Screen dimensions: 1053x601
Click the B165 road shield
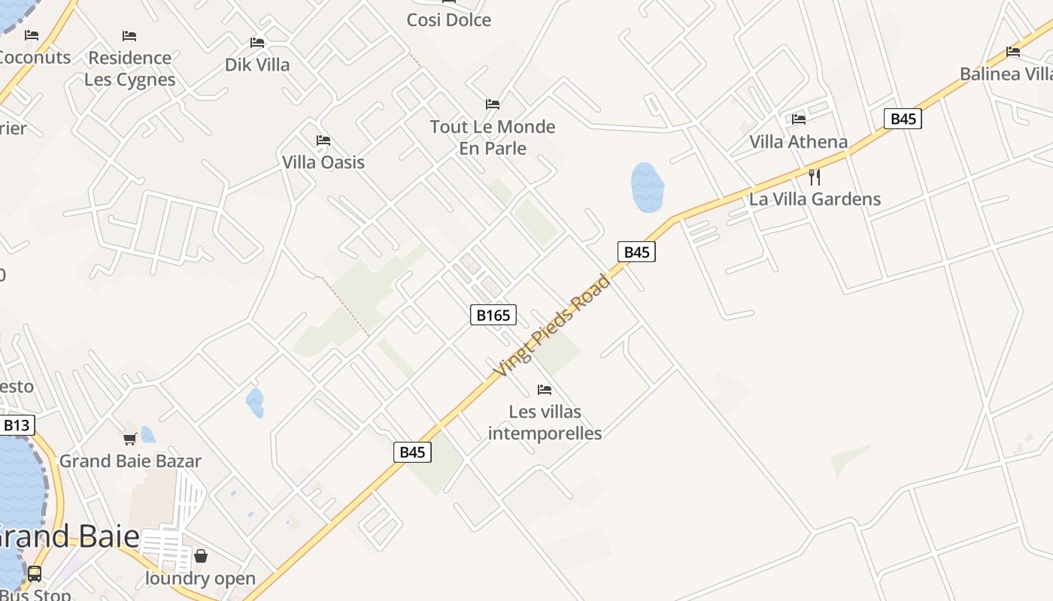(x=493, y=315)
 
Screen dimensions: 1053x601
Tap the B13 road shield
(x=17, y=426)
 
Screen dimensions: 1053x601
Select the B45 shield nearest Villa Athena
(x=903, y=119)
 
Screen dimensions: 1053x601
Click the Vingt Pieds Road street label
(x=552, y=327)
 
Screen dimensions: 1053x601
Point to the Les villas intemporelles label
(x=545, y=422)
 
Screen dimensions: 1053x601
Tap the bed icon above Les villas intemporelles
(x=545, y=390)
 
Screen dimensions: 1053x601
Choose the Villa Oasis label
(x=323, y=162)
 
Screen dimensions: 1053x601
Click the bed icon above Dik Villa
(x=257, y=43)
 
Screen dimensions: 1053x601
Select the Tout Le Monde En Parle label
(x=493, y=137)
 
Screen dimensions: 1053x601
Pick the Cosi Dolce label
(x=449, y=20)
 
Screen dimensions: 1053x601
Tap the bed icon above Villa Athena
(x=799, y=119)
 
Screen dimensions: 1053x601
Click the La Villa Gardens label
(x=815, y=199)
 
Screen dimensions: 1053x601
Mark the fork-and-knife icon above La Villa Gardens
(x=814, y=177)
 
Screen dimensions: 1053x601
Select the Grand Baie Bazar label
(x=130, y=461)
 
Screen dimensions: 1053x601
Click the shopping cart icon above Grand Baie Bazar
(x=129, y=439)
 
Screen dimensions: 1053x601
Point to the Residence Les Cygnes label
(x=129, y=68)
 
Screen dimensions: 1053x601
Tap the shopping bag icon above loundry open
(x=201, y=557)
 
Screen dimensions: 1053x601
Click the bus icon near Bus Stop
(x=35, y=574)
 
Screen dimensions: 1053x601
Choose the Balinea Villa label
(x=1006, y=74)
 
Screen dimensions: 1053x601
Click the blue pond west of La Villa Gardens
(x=647, y=186)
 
